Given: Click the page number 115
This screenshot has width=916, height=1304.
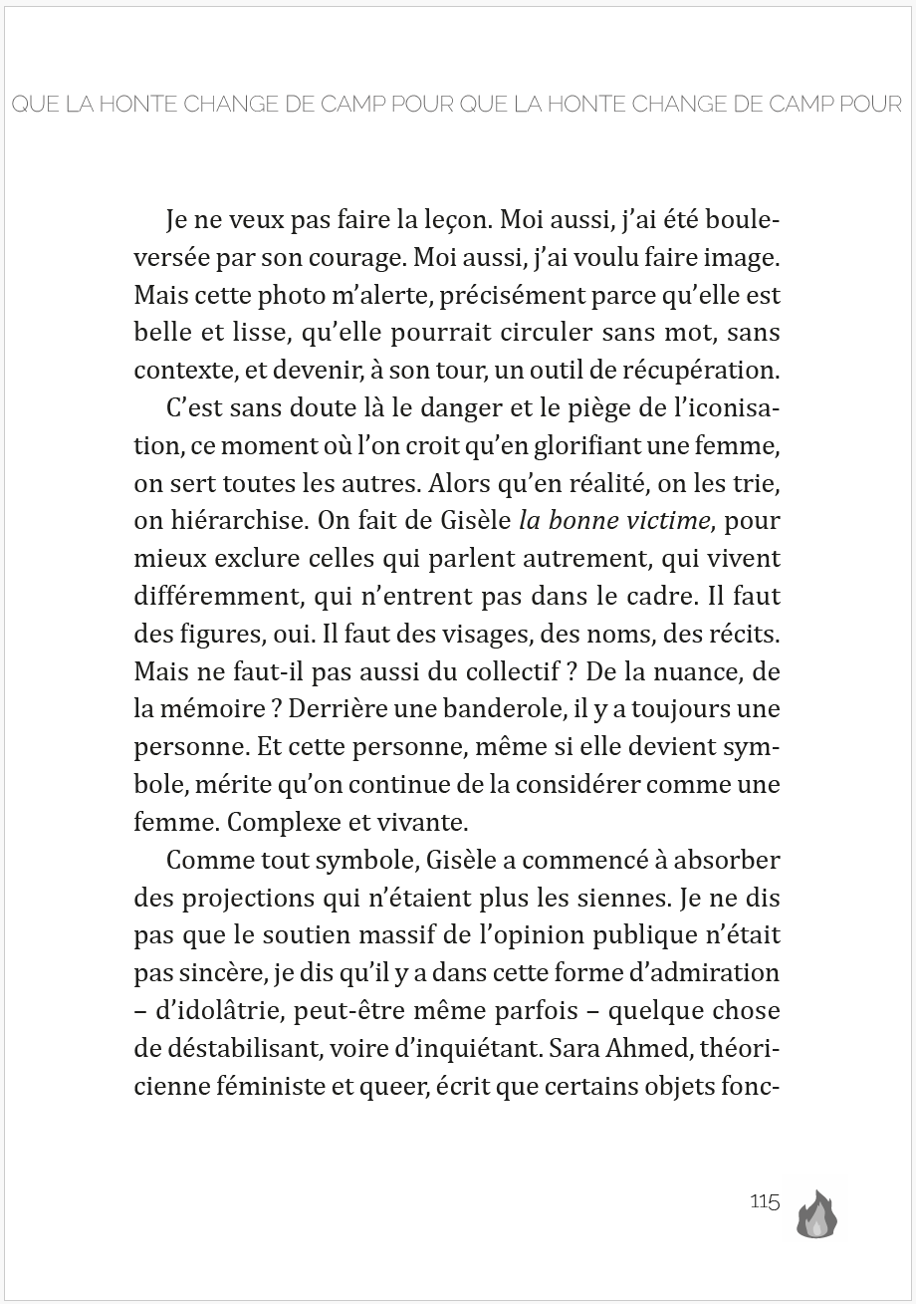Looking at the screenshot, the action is [765, 1201].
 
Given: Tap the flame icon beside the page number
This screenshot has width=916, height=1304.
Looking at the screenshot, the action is [816, 1214].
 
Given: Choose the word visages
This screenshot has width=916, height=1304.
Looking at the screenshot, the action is [434, 634].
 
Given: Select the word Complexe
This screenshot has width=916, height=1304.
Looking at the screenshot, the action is [253, 823].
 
